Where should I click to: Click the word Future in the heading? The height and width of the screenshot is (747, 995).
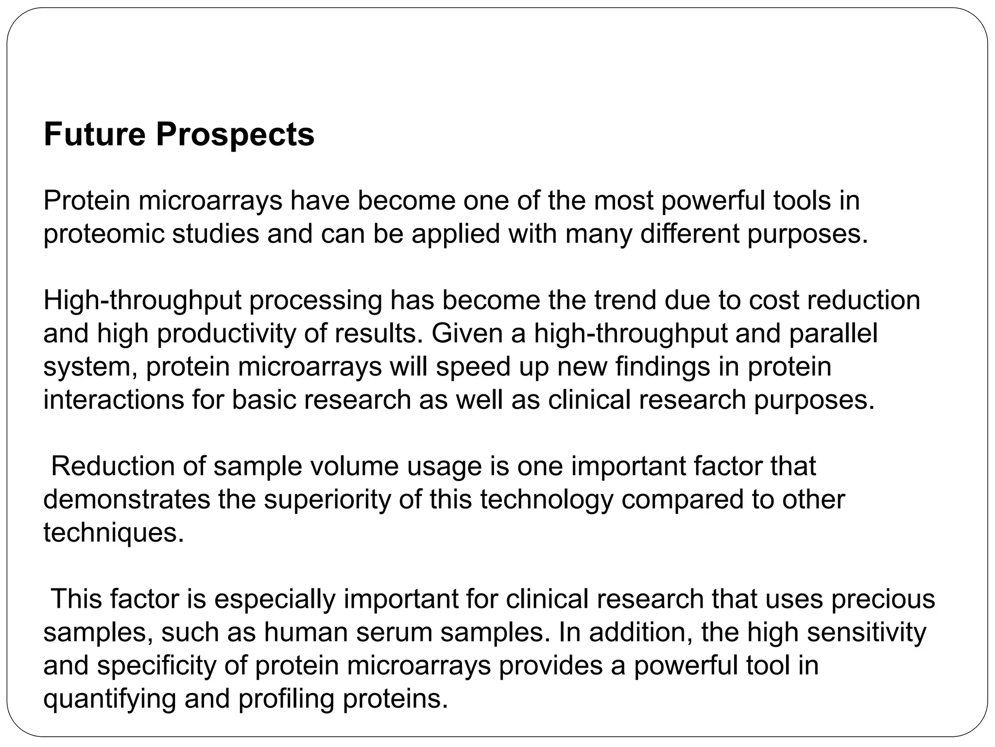point(94,134)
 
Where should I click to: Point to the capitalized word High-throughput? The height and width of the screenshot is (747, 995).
point(142,301)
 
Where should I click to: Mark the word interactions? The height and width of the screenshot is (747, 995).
point(113,400)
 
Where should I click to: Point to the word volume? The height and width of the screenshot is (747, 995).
point(354,466)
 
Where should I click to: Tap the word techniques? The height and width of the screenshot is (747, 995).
point(114,534)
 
